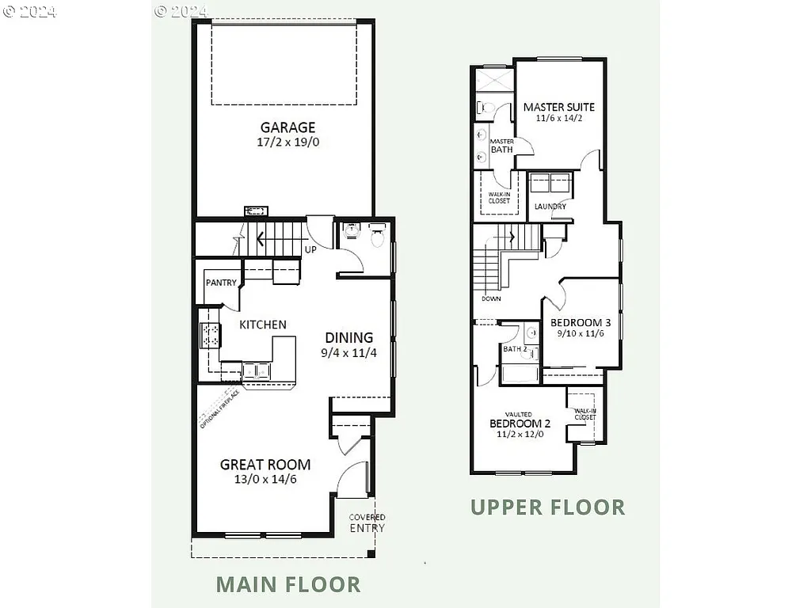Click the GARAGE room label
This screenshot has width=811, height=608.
point(287,127)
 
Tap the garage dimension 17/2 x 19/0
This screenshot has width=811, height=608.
point(287,142)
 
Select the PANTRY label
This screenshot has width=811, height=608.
point(221,283)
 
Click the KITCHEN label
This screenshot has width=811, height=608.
point(263,325)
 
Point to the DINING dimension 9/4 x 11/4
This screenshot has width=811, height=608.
point(349,352)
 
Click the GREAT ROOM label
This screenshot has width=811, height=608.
point(265,465)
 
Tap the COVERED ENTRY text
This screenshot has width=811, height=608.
point(367,522)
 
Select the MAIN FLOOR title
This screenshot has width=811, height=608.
point(288,584)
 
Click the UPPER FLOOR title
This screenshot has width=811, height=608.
point(548,507)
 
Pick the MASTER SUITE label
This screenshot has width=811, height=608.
point(559,107)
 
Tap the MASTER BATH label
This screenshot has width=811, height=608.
point(501,146)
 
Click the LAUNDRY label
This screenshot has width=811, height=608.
point(550,207)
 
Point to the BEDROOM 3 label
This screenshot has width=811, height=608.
point(581,323)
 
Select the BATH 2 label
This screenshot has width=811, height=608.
point(515,349)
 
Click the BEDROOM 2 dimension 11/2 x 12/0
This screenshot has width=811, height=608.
point(520,434)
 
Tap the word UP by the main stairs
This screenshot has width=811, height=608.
point(311,249)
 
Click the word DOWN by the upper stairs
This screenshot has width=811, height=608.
point(491,299)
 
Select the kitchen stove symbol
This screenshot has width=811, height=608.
point(211,336)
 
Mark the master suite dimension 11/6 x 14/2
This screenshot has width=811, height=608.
point(558,119)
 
